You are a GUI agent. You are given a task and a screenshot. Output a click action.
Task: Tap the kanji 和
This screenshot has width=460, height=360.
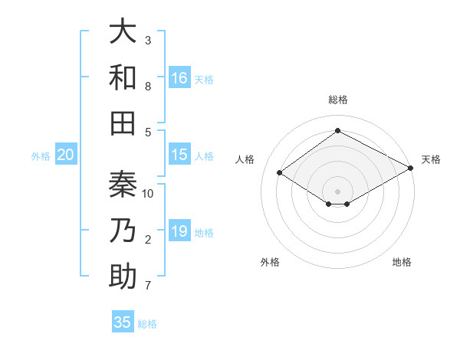pyautogui.click(x=123, y=77)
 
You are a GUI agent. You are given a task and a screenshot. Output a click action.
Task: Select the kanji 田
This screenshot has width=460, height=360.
pyautogui.click(x=123, y=123)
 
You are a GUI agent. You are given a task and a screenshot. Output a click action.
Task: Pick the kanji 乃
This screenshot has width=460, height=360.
pyautogui.click(x=123, y=231)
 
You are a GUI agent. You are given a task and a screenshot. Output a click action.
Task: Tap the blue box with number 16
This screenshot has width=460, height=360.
pyautogui.click(x=179, y=78)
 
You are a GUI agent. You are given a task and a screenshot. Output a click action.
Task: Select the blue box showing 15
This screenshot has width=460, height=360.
pyautogui.click(x=179, y=155)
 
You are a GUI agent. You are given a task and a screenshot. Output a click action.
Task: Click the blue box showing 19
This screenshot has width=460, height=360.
pyautogui.click(x=179, y=231)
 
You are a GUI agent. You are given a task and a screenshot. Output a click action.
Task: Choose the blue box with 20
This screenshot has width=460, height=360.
pyautogui.click(x=66, y=155)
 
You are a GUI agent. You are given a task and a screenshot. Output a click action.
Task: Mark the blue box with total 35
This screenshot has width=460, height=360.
pyautogui.click(x=123, y=322)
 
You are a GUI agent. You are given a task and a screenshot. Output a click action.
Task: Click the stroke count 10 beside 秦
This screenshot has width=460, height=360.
pyautogui.click(x=149, y=194)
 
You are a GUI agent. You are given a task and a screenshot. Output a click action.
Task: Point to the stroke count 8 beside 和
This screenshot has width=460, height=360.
pyautogui.click(x=148, y=87)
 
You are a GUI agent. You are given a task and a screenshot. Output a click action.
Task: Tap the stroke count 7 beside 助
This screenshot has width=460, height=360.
pyautogui.click(x=148, y=286)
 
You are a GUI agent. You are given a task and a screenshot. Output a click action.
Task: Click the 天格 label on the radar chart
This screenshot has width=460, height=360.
pyautogui.click(x=431, y=159)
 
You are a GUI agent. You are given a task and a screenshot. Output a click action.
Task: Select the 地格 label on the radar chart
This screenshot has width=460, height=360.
pyautogui.click(x=402, y=262)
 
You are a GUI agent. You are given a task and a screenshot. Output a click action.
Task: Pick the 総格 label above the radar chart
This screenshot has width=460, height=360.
pyautogui.click(x=337, y=100)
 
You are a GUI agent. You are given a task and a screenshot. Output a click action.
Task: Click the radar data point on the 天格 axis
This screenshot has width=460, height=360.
pyautogui.click(x=412, y=168)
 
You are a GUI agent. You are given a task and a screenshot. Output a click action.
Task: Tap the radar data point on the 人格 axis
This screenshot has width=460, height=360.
pyautogui.click(x=280, y=173)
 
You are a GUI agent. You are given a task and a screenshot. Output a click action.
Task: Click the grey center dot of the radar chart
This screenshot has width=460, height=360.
pyautogui.click(x=337, y=191)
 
